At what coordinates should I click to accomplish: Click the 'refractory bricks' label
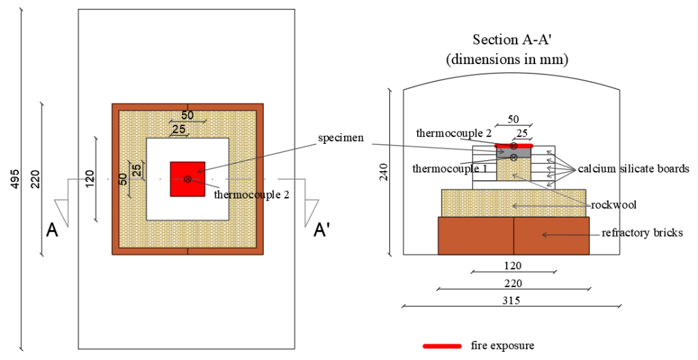pos(642,233)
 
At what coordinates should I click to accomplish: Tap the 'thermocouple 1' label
pos(445,167)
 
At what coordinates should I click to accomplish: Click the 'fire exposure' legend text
pos(502,346)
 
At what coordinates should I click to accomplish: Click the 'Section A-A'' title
pos(507,40)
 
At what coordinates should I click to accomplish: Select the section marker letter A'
pos(322,231)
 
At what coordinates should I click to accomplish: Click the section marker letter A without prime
pos(52,231)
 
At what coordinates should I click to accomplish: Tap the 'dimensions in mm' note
pos(507,59)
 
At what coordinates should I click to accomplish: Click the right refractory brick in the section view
pos(551,236)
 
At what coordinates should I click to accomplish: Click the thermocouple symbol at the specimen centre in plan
pos(187,179)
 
